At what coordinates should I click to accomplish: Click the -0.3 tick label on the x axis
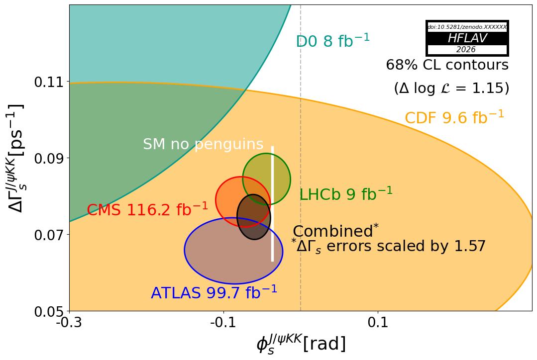69,323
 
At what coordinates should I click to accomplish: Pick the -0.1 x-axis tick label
223,323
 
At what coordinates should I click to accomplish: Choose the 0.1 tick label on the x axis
378,323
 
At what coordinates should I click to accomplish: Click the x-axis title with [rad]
301,344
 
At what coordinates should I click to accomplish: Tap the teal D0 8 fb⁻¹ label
332,41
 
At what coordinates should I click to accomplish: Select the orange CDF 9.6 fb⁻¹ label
454,118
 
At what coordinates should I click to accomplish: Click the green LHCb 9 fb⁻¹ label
345,194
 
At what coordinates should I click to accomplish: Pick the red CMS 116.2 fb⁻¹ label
147,210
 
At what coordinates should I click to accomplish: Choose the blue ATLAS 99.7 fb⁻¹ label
214,293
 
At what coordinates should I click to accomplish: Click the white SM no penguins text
203,145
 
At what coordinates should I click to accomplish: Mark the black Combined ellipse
254,217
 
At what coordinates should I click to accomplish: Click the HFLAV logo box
467,38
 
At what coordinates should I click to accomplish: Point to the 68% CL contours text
447,65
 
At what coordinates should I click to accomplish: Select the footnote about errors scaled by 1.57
388,246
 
